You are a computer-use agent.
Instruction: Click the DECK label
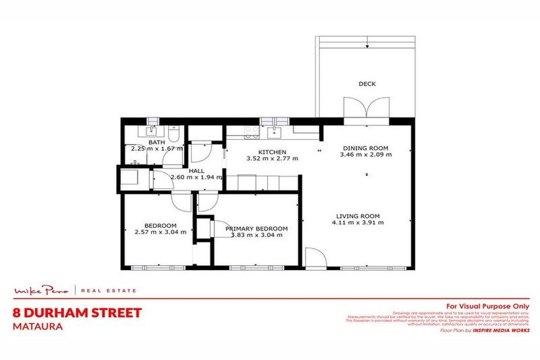tap(367, 84)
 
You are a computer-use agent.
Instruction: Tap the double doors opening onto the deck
tap(366, 109)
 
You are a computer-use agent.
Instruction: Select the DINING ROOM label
tap(365, 148)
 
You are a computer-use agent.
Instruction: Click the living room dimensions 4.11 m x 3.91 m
tap(358, 223)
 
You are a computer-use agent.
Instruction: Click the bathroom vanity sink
tap(152, 131)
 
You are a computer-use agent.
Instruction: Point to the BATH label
tap(156, 142)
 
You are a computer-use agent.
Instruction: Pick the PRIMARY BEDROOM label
tap(257, 229)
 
